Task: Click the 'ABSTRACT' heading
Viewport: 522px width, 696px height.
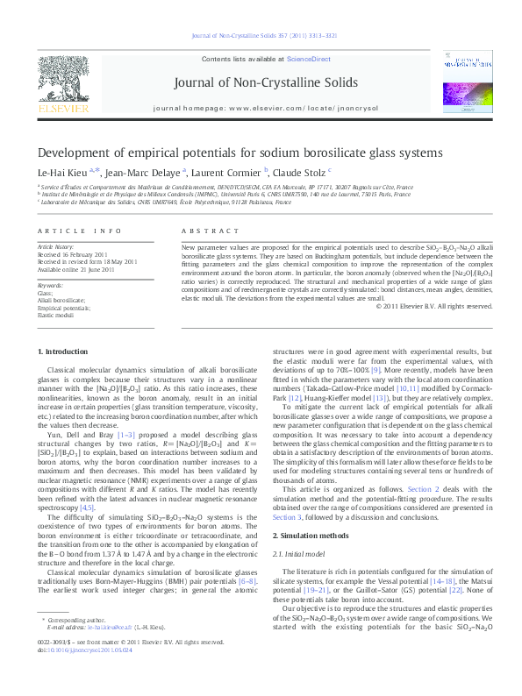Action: (x=204, y=230)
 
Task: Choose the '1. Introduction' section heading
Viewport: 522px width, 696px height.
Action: (x=66, y=352)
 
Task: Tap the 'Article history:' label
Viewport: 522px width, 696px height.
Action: (x=55, y=248)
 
